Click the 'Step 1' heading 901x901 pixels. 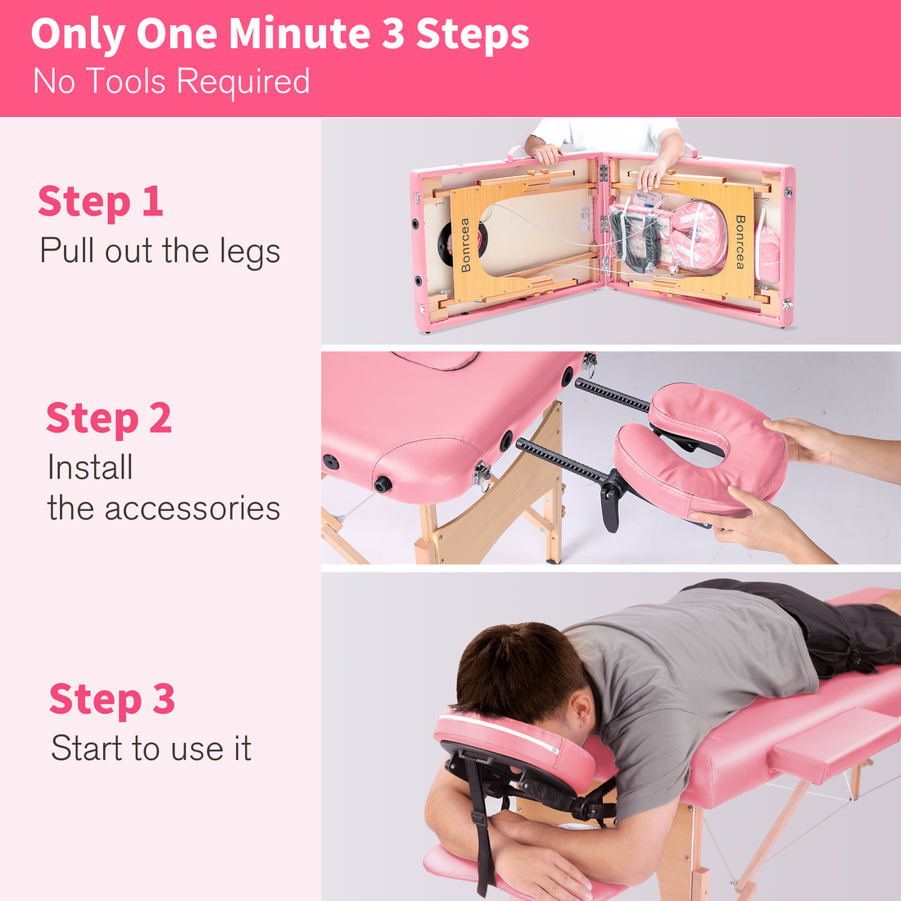[x=101, y=201]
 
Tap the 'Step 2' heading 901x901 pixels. [x=109, y=418]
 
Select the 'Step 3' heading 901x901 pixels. [x=112, y=699]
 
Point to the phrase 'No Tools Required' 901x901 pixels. [x=171, y=82]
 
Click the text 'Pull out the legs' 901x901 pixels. [x=160, y=251]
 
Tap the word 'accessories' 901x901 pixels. [x=192, y=508]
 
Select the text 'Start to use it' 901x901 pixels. [x=151, y=748]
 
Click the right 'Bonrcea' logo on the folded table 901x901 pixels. [x=740, y=242]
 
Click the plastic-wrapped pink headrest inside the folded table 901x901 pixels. [x=698, y=237]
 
